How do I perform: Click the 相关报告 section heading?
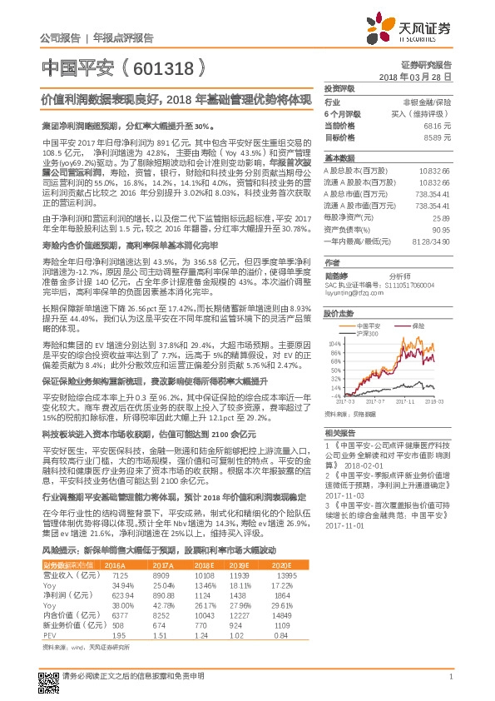339,433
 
